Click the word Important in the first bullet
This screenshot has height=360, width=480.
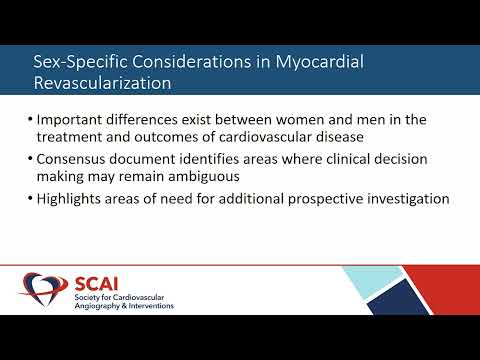click(75, 119)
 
